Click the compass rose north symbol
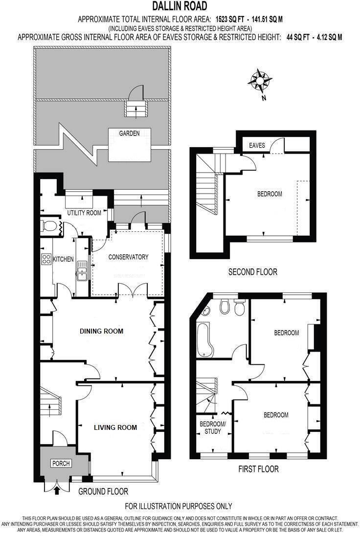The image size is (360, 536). (260, 81)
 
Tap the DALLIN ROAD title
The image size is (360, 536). (180, 6)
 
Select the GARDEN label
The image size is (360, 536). (129, 133)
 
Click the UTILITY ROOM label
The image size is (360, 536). (84, 213)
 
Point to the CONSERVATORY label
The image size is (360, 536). (128, 257)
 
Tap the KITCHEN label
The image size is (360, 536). (63, 259)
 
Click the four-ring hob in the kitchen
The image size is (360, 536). (47, 259)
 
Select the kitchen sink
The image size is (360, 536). (81, 272)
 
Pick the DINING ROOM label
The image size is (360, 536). (101, 331)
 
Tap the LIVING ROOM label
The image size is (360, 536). (115, 427)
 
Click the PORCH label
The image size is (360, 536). (61, 464)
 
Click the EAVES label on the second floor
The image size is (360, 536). (257, 146)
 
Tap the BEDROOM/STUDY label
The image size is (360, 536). (213, 427)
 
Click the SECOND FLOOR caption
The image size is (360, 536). (252, 272)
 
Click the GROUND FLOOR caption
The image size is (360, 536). (103, 491)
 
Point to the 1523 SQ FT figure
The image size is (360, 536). (233, 20)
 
